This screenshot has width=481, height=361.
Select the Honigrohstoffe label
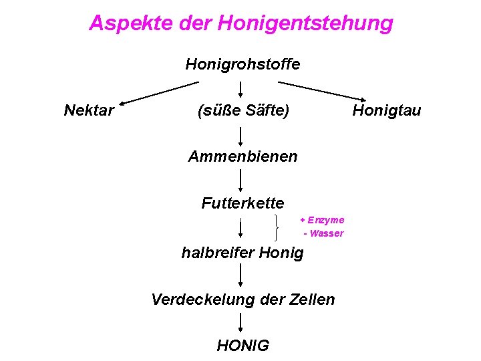pyautogui.click(x=243, y=64)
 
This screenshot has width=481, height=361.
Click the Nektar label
pyautogui.click(x=89, y=110)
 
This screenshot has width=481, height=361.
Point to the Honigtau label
pyautogui.click(x=387, y=110)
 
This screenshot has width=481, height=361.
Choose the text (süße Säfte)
pyautogui.click(x=243, y=110)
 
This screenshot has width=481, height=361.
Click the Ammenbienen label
pyautogui.click(x=243, y=156)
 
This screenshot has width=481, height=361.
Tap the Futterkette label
pyautogui.click(x=243, y=203)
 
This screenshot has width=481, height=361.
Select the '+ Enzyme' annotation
pyautogui.click(x=322, y=219)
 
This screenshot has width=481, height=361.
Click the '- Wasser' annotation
pyautogui.click(x=323, y=233)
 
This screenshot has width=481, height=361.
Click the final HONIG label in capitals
pyautogui.click(x=243, y=345)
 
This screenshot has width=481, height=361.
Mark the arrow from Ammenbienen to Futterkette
pyautogui.click(x=240, y=180)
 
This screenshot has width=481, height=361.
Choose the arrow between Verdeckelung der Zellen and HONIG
pyautogui.click(x=240, y=322)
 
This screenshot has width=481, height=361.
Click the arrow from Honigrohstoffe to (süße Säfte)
pyautogui.click(x=240, y=90)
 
